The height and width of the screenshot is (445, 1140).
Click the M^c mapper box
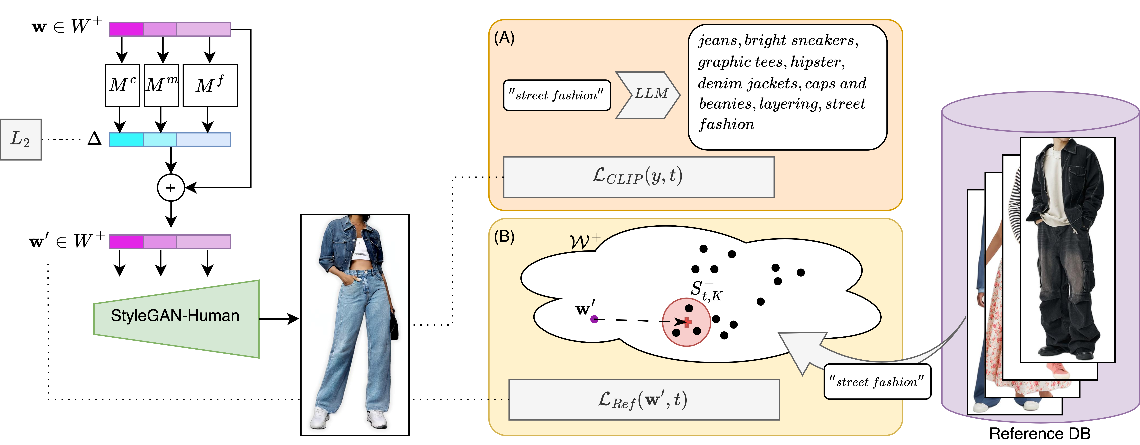[122, 85]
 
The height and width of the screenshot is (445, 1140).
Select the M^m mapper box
[162, 85]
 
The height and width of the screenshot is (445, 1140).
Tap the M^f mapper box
[210, 85]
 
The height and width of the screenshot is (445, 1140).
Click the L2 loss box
[21, 139]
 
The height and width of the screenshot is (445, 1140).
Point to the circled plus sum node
[171, 188]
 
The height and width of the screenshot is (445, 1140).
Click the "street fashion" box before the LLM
[557, 95]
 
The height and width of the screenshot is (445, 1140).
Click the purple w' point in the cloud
[594, 319]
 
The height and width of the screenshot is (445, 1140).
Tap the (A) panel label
[504, 38]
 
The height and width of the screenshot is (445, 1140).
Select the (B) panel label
[504, 237]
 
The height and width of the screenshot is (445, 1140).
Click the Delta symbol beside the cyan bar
[94, 139]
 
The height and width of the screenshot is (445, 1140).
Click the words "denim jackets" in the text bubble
[748, 83]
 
